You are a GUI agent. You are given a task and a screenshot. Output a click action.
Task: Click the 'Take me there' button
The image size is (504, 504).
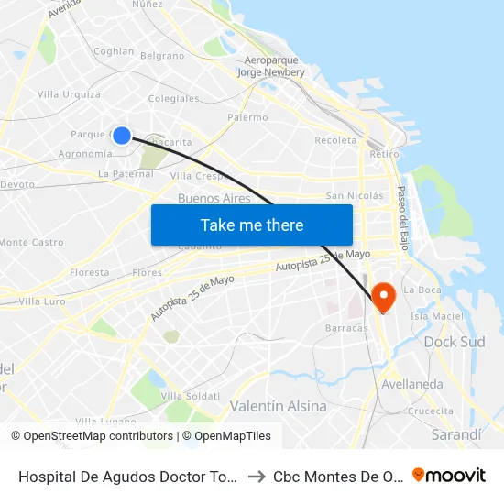point(252,225)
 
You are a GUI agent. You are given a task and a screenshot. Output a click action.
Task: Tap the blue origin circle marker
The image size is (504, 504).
point(121,136)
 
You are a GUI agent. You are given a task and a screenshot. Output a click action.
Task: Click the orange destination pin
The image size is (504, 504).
point(382,296)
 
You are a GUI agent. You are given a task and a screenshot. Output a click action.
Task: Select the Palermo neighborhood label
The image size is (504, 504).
point(247,117)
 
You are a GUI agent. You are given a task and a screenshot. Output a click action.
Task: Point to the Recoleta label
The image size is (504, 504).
point(335,140)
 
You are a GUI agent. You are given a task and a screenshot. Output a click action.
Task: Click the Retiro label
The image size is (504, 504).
point(384,154)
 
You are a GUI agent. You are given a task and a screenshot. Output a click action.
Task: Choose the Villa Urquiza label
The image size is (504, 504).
point(69,94)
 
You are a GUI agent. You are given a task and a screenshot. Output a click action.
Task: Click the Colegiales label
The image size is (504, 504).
point(173,98)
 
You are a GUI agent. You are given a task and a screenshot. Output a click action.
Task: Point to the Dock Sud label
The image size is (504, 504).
point(455,342)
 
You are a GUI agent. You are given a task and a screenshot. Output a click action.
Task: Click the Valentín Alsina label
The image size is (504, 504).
point(278,406)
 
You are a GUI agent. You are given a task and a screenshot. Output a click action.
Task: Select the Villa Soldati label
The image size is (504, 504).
point(190,396)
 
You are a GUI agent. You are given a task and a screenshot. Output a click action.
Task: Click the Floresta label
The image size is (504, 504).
point(89,272)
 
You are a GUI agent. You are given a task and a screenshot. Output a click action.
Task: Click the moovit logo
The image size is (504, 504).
point(449,475)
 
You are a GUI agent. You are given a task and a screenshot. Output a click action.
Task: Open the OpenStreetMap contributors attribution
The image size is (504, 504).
point(98,436)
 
